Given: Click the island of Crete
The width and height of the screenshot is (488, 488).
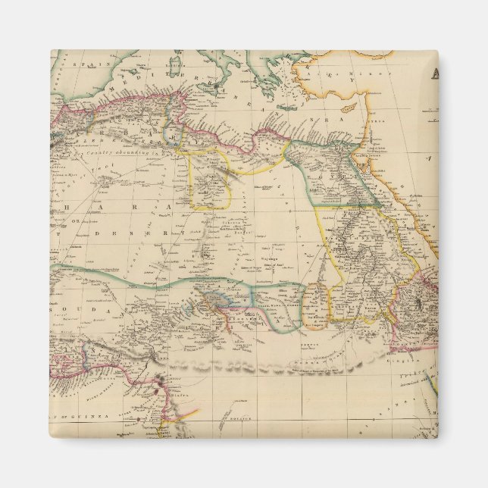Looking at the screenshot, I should pyautogui.click(x=287, y=108).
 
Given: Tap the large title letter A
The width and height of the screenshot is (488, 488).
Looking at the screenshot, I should pyautogui.click(x=433, y=74).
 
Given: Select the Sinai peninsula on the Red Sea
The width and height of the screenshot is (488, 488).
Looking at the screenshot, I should pyautogui.click(x=371, y=160).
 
